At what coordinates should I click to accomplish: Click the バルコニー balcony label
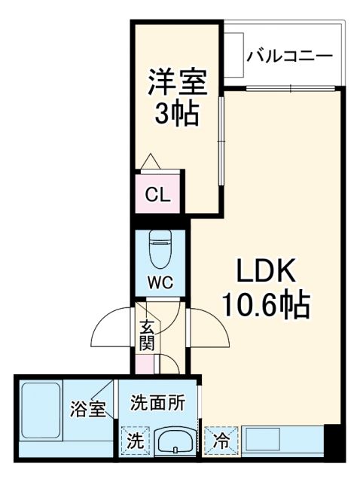pyautogui.click(x=290, y=55)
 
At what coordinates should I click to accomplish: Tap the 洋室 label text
pyautogui.click(x=176, y=81)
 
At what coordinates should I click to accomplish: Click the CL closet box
pyautogui.click(x=158, y=195)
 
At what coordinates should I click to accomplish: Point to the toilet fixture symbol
pyautogui.click(x=160, y=249)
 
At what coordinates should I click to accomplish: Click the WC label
pyautogui.click(x=160, y=282)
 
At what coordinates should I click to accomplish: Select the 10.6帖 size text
pyautogui.click(x=264, y=304)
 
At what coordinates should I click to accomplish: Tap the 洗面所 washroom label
pyautogui.click(x=156, y=402)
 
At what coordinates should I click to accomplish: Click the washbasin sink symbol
pyautogui.click(x=176, y=441)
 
